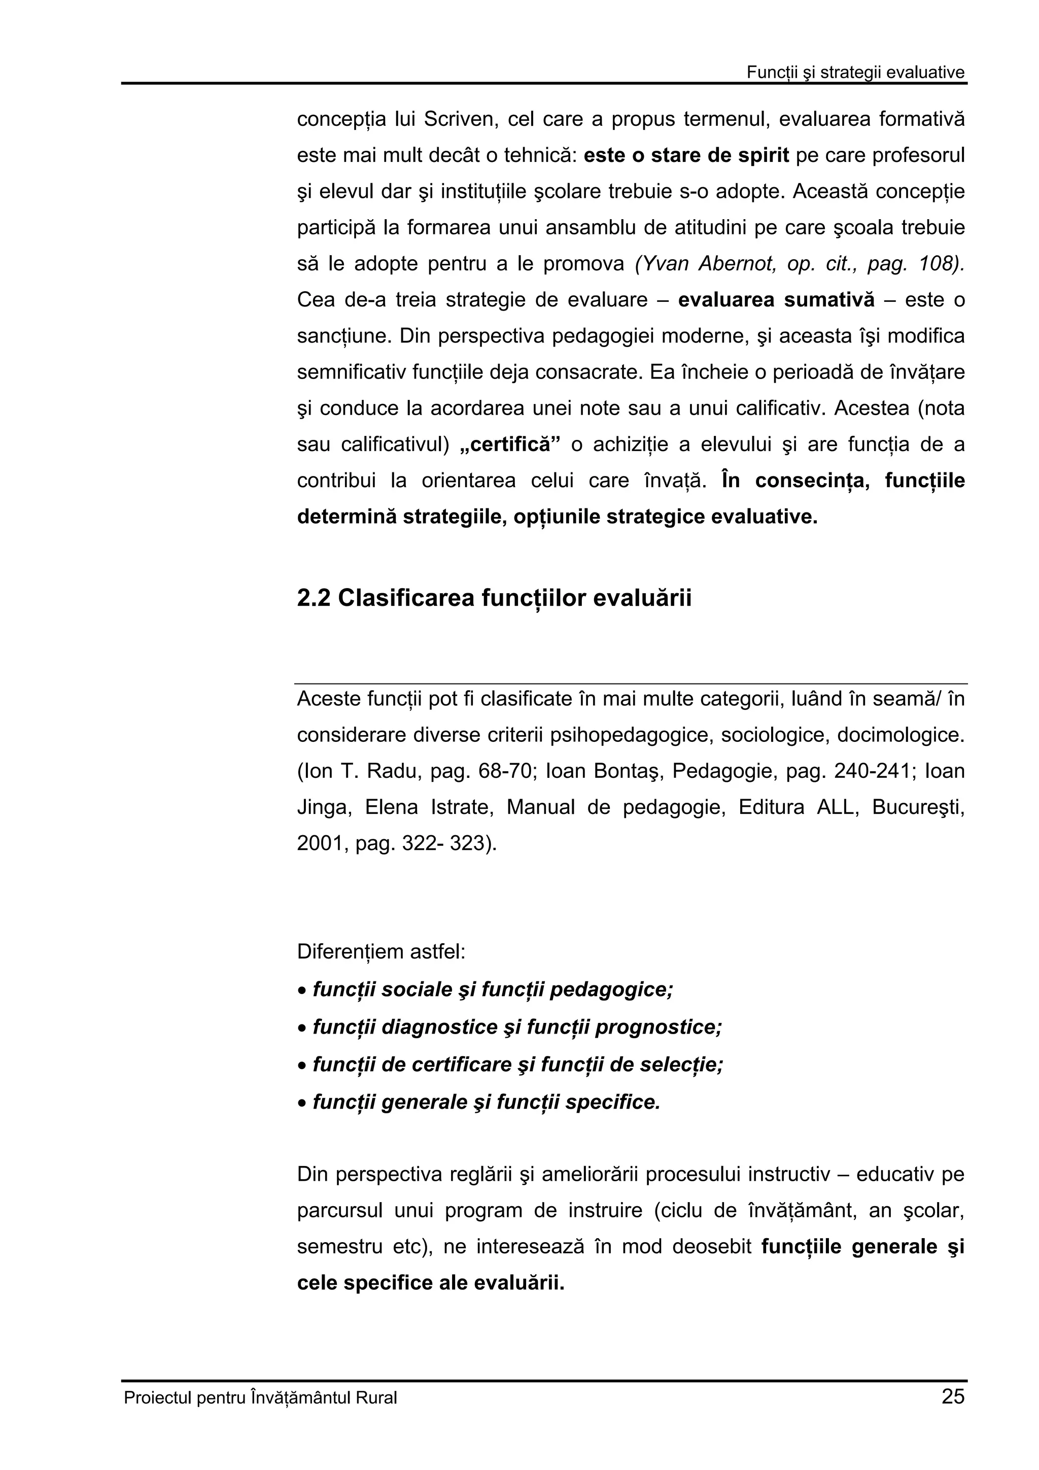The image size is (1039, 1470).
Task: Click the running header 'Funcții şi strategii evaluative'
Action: pyautogui.click(x=855, y=73)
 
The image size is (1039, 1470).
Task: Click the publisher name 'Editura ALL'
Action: pyautogui.click(x=798, y=807)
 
